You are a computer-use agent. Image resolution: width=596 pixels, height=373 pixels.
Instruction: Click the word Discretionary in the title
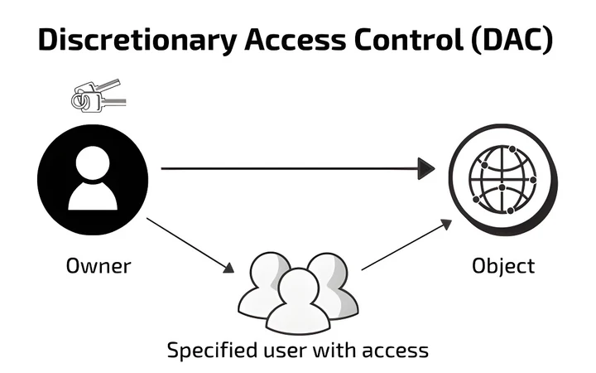[137, 40]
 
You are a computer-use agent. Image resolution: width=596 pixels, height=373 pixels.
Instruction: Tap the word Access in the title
[295, 40]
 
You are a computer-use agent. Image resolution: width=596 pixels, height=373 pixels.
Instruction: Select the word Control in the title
[409, 39]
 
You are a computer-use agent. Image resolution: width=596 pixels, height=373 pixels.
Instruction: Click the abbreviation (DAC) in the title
[512, 40]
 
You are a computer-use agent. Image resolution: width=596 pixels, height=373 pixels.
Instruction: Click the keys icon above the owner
[99, 96]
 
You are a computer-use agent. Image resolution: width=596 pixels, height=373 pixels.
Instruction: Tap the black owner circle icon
[93, 180]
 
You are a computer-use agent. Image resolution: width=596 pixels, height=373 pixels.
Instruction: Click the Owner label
[99, 266]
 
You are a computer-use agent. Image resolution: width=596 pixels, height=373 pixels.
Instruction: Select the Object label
[503, 266]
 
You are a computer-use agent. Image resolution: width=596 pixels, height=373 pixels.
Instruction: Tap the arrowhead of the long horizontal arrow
[426, 168]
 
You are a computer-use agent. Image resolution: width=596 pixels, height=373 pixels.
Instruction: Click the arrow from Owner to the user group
[190, 245]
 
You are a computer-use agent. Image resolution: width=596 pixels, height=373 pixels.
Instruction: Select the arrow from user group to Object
[406, 245]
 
